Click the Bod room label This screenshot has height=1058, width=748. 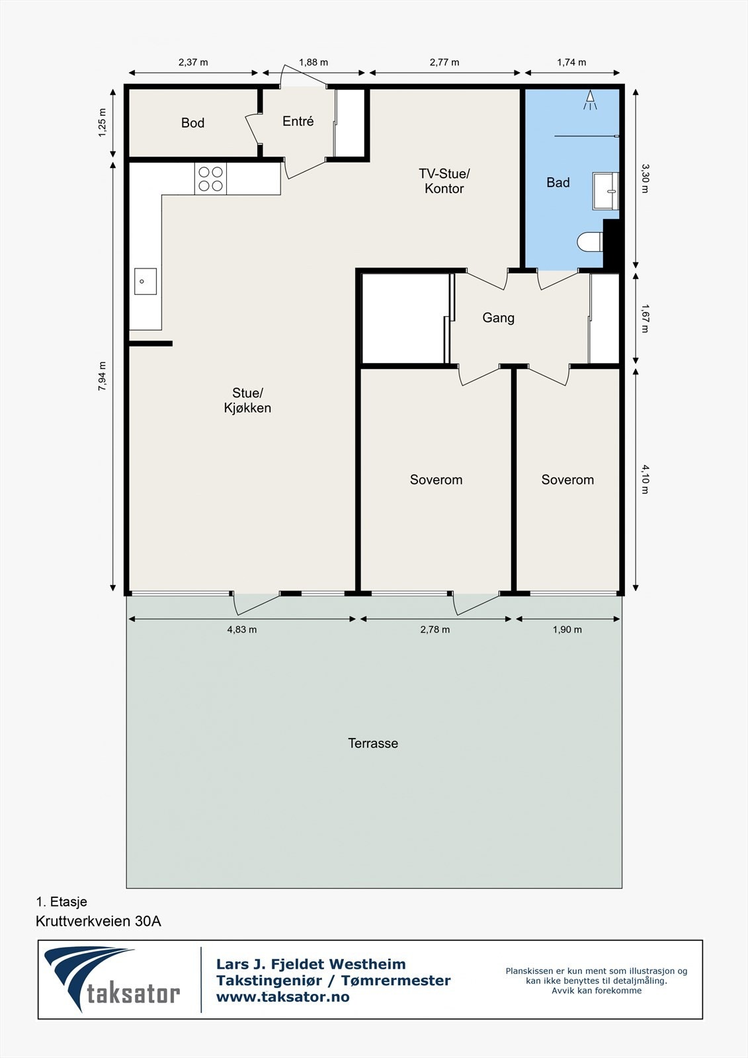[x=193, y=123]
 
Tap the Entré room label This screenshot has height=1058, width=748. [x=298, y=122]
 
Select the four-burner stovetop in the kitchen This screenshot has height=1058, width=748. [x=211, y=179]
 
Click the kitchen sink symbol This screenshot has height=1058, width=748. [x=145, y=281]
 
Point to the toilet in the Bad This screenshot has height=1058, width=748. [x=591, y=242]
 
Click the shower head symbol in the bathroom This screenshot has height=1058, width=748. [x=590, y=100]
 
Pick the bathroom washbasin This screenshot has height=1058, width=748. [x=606, y=191]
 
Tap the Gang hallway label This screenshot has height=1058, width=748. [x=499, y=318]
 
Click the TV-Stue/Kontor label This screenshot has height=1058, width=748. [x=444, y=181]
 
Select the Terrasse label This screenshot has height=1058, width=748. [x=373, y=743]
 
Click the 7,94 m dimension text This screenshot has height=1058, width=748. [x=102, y=376]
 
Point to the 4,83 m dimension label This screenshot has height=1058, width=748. [x=242, y=630]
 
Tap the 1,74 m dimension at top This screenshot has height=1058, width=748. [x=572, y=62]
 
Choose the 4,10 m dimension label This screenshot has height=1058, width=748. [x=645, y=479]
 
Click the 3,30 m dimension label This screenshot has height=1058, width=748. [x=645, y=178]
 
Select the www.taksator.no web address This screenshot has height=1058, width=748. [x=283, y=997]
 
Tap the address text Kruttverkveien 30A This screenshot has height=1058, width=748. [x=99, y=921]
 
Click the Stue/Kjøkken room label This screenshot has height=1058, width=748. [x=247, y=401]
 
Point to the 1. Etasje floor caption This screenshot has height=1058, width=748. [x=62, y=902]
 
